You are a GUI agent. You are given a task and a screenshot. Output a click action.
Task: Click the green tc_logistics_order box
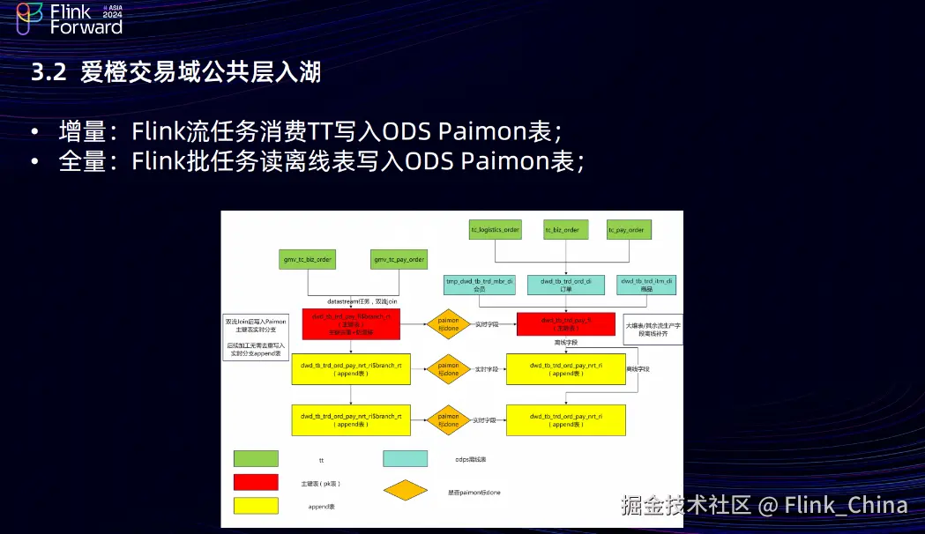(495, 230)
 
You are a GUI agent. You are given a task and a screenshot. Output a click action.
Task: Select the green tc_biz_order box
(561, 230)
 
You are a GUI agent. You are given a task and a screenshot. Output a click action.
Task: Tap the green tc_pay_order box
(626, 230)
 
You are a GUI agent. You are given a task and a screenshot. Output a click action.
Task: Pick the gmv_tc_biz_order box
(307, 260)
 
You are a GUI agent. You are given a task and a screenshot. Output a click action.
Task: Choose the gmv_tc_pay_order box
(399, 260)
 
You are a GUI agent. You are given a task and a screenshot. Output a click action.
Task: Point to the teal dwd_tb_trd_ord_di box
(564, 284)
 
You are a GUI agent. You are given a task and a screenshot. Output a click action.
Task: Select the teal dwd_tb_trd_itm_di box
(645, 284)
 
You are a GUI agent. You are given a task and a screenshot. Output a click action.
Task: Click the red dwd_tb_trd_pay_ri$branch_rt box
(351, 324)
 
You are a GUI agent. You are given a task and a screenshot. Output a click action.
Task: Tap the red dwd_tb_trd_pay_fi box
(565, 324)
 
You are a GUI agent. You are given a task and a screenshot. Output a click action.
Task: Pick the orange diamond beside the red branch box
(449, 324)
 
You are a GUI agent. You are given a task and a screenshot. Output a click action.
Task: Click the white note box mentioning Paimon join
(256, 337)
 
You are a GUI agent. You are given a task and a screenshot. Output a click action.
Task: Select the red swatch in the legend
(256, 481)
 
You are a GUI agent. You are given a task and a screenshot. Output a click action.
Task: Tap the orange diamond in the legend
(405, 490)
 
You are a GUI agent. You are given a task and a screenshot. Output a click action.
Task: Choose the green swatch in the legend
(256, 458)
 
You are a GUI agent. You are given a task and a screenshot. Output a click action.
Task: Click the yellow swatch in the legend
(256, 506)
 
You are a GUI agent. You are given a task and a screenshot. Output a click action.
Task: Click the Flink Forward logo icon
(29, 19)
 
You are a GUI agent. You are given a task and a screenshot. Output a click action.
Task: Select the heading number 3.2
(48, 72)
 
